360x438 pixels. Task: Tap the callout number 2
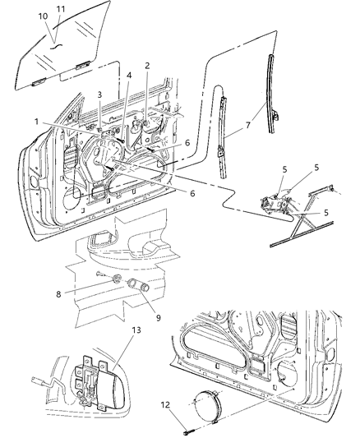(x=147, y=65)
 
